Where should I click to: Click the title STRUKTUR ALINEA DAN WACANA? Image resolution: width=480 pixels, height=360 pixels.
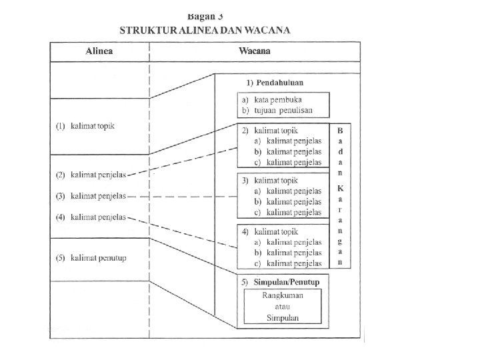[205, 31]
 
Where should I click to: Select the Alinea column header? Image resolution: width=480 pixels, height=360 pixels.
[99, 51]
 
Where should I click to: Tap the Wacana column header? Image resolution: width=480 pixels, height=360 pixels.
[255, 51]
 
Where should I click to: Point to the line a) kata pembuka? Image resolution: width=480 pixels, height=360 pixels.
[273, 99]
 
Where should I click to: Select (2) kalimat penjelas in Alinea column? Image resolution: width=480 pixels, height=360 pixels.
[91, 175]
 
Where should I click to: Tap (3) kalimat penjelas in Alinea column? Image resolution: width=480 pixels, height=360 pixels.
[91, 196]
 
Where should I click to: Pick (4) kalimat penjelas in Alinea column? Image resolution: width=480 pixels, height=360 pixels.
[91, 217]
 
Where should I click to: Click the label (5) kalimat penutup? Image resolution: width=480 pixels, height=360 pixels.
[91, 258]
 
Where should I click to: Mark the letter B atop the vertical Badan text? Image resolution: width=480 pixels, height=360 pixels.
[340, 130]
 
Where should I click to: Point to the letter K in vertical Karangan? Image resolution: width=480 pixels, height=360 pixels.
[340, 188]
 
